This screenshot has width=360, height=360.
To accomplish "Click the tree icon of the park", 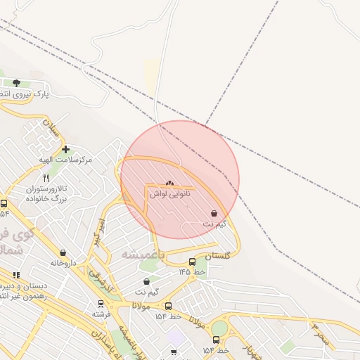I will point(16,83).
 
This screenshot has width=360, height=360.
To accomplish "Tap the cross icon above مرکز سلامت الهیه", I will point(65,149).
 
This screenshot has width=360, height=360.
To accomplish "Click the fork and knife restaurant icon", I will point(46,179).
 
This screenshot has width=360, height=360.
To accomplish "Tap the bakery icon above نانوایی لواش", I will point(169,183).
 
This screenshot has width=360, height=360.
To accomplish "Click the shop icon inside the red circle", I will point(214,213).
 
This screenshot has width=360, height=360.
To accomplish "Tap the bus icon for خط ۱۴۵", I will point(193,262).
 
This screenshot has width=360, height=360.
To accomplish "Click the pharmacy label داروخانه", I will point(63,262).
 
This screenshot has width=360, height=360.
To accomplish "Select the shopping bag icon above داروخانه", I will point(63,252).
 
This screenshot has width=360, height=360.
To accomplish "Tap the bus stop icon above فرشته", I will point(101,304).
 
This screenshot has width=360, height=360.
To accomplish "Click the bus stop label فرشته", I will point(101,314).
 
